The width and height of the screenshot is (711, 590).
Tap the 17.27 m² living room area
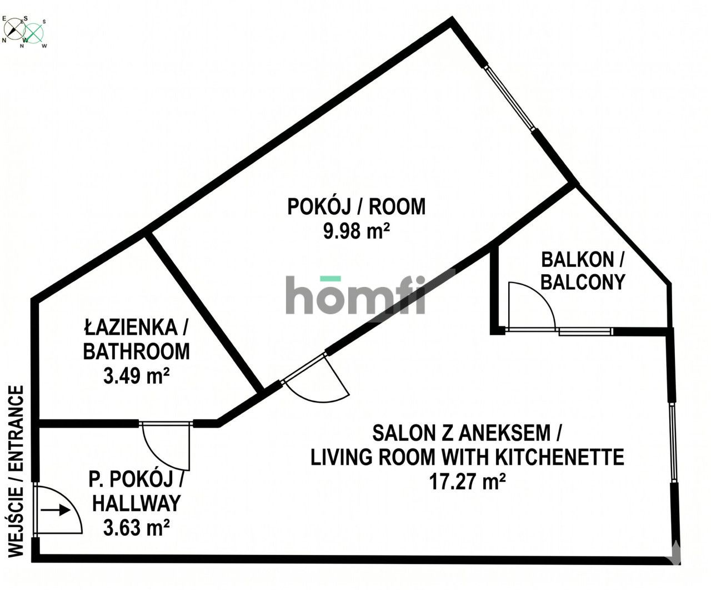pyautogui.click(x=467, y=481)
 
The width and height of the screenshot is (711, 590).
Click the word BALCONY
pyautogui.click(x=583, y=282)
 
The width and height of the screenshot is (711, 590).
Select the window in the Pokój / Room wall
pyautogui.click(x=510, y=98)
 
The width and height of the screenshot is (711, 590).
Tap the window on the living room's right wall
pyautogui.click(x=673, y=441)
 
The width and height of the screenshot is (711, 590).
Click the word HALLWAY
pyautogui.click(x=136, y=503)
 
